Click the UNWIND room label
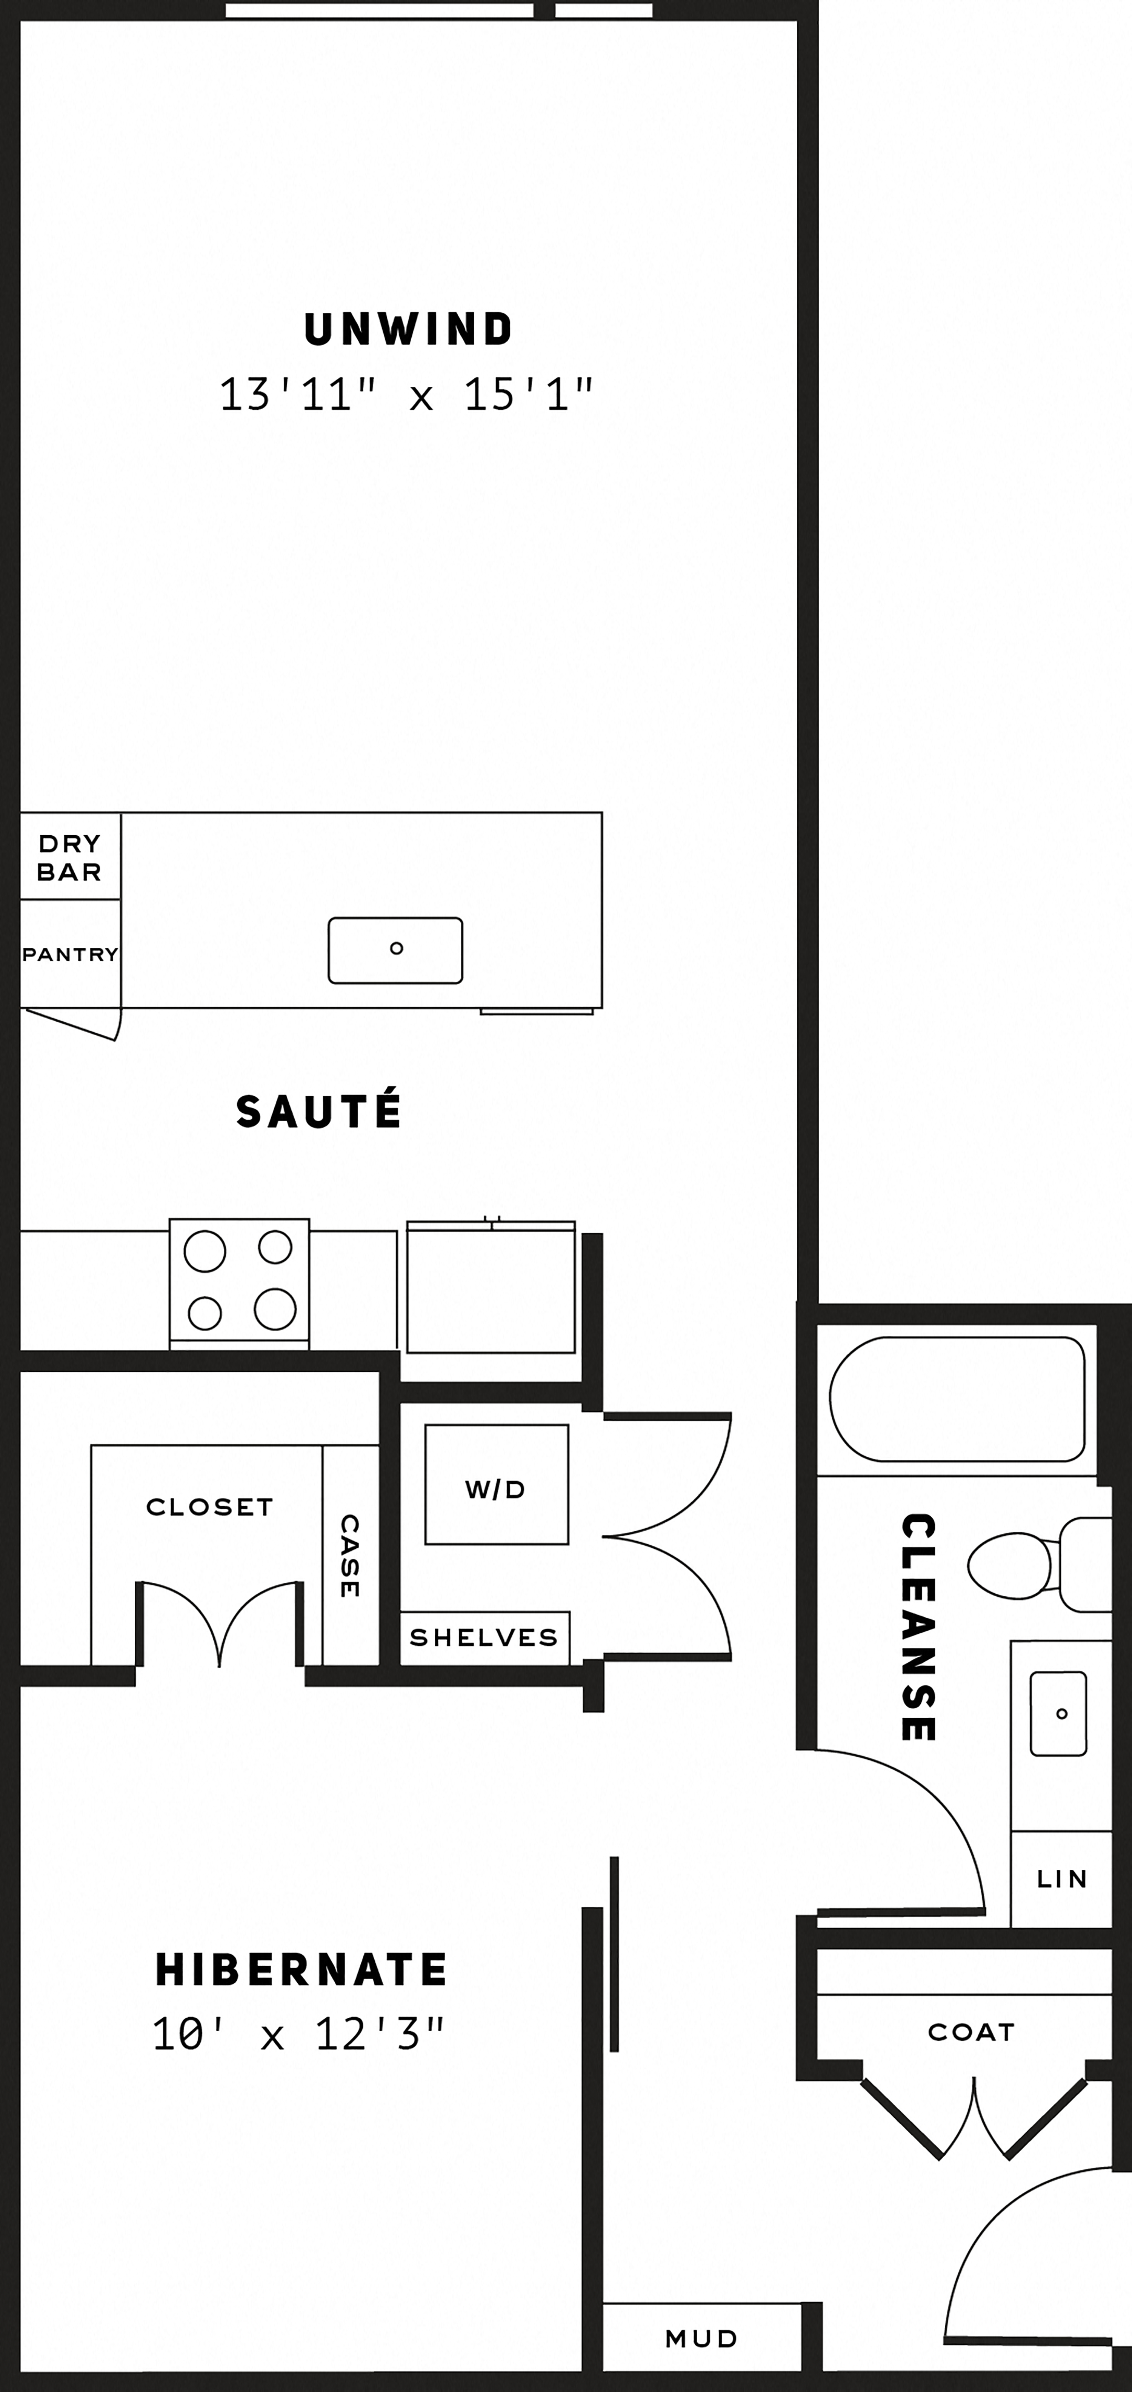pyautogui.click(x=409, y=330)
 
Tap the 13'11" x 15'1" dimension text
pyautogui.click(x=406, y=395)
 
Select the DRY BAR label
pyautogui.click(x=70, y=857)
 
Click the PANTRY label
pyautogui.click(x=71, y=955)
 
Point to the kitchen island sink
pyautogui.click(x=395, y=950)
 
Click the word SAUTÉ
pyautogui.click(x=318, y=1111)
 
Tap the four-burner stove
pyautogui.click(x=240, y=1281)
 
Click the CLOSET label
pyautogui.click(x=210, y=1507)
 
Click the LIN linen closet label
pyautogui.click(x=1061, y=1879)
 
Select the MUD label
pyautogui.click(x=701, y=2338)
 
